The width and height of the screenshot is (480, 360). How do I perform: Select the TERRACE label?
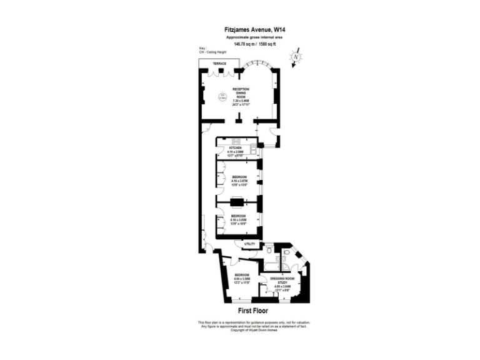219,64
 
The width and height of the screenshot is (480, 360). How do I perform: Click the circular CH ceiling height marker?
221,97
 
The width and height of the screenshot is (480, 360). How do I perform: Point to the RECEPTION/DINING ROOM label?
241,92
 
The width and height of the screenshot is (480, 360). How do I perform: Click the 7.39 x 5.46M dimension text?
241,100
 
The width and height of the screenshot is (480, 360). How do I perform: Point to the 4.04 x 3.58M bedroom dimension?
242,279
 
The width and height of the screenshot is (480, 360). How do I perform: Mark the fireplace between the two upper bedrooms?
237,201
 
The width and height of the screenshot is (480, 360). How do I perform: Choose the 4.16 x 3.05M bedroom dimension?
239,219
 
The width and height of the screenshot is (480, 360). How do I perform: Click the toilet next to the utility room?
269,249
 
